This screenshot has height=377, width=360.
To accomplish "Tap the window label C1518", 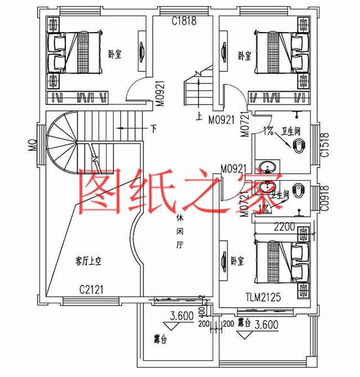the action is (x=323, y=145).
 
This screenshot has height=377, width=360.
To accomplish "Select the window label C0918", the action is (x=325, y=198).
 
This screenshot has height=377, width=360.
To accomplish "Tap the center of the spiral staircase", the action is (x=69, y=141).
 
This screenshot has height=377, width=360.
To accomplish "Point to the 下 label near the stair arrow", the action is (x=154, y=128).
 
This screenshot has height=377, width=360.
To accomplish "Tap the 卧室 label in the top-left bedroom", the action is (x=115, y=55).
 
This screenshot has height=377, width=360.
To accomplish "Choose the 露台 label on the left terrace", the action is (x=161, y=339).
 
